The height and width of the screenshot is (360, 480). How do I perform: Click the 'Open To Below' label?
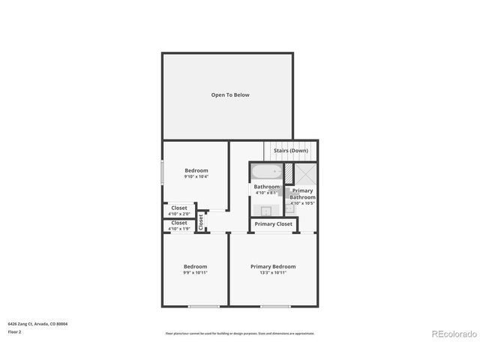tap(229, 95)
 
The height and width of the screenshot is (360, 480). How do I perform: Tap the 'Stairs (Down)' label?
tap(290, 151)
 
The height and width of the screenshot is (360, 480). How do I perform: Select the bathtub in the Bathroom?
tap(266, 172)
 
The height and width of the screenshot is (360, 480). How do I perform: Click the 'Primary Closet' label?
tap(273, 224)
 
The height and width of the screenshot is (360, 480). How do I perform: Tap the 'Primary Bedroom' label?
tap(273, 266)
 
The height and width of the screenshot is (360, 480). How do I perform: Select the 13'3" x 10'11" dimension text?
tap(273, 273)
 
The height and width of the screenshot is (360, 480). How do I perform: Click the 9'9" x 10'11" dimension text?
tap(195, 273)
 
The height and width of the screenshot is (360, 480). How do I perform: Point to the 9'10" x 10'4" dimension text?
tap(196, 177)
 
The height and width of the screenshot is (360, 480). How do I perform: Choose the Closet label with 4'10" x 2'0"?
tap(179, 208)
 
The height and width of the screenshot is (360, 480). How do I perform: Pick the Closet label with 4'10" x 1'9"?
tap(179, 223)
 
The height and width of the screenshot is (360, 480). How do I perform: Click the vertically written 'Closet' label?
tap(201, 221)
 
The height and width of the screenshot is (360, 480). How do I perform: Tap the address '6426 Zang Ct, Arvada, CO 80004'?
tap(37, 324)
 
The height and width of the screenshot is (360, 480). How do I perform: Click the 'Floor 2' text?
tap(15, 331)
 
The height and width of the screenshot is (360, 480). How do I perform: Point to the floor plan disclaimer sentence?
tap(240, 334)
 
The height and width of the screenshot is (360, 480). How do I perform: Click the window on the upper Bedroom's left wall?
tap(162, 171)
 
